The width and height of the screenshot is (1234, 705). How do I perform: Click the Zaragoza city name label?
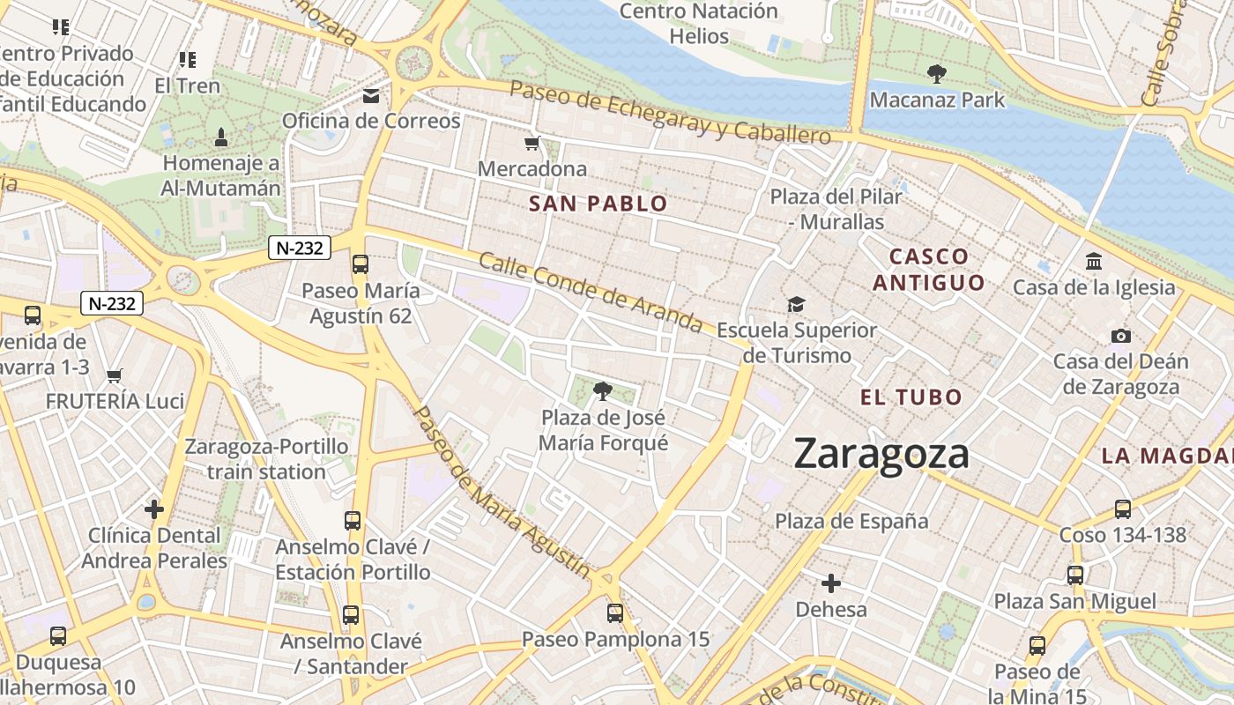click(881, 455)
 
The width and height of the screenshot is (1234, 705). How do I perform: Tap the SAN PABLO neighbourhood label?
click(598, 204)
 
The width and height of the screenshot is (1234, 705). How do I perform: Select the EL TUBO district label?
click(911, 397)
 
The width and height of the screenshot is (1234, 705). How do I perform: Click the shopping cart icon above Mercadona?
click(532, 143)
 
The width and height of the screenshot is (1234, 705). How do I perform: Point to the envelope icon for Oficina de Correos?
click(371, 95)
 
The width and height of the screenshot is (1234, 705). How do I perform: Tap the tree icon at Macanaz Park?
click(936, 74)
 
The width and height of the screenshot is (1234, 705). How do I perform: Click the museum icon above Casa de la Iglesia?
click(1094, 262)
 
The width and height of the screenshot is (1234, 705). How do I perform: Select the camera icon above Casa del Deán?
click(1120, 336)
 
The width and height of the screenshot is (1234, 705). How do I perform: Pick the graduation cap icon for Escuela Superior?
click(797, 304)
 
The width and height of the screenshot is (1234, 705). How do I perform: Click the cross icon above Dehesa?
click(830, 583)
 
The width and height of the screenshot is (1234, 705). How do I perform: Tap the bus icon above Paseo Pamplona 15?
click(615, 612)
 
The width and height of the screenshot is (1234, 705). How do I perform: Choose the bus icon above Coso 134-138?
click(1122, 509)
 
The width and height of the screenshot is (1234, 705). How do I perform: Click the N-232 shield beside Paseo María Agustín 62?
click(300, 248)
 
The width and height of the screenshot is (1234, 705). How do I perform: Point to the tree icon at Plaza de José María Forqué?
click(603, 390)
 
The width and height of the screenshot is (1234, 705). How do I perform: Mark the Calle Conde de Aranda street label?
click(591, 293)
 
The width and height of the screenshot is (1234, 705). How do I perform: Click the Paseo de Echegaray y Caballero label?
click(670, 113)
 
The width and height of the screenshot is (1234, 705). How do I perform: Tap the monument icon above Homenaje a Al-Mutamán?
click(220, 137)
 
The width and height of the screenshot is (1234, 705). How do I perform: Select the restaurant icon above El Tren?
click(187, 60)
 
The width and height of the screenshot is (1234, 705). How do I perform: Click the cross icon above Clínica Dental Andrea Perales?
click(154, 509)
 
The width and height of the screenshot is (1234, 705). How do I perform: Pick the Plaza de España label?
click(851, 521)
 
